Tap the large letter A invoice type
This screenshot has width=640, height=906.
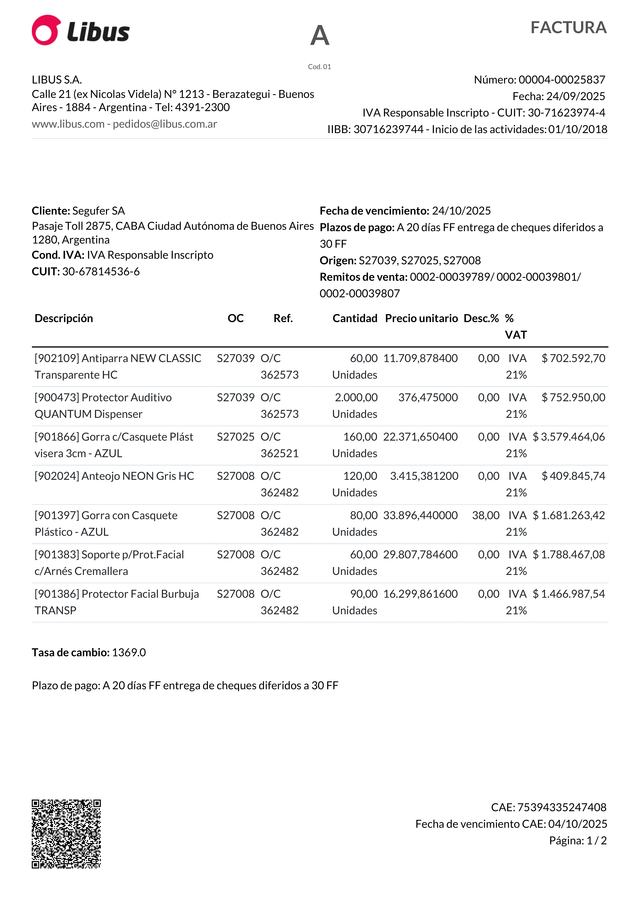(320, 35)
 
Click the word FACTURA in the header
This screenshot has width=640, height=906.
(568, 28)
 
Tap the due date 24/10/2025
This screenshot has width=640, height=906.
(461, 211)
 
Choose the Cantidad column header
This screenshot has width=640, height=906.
(355, 318)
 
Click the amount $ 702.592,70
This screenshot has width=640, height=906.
(573, 358)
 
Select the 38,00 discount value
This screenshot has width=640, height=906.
(486, 515)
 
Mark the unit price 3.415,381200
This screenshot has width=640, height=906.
(424, 476)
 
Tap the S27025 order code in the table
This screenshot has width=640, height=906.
(236, 437)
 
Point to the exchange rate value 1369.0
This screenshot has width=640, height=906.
(129, 653)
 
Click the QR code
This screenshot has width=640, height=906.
(66, 834)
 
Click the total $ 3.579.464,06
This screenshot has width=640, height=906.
(569, 437)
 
